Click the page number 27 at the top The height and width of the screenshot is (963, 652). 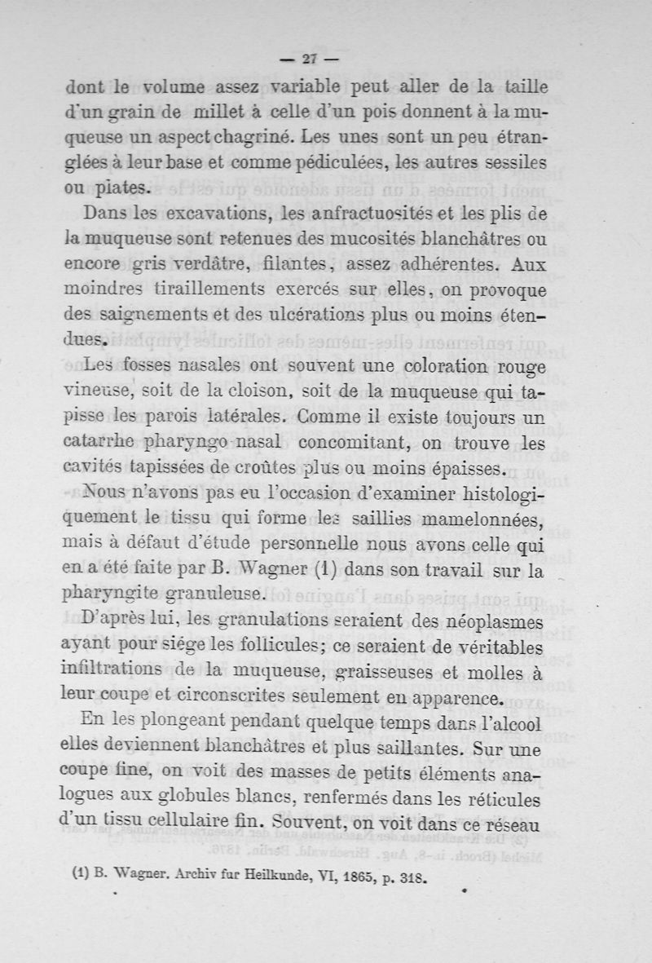point(309,58)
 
